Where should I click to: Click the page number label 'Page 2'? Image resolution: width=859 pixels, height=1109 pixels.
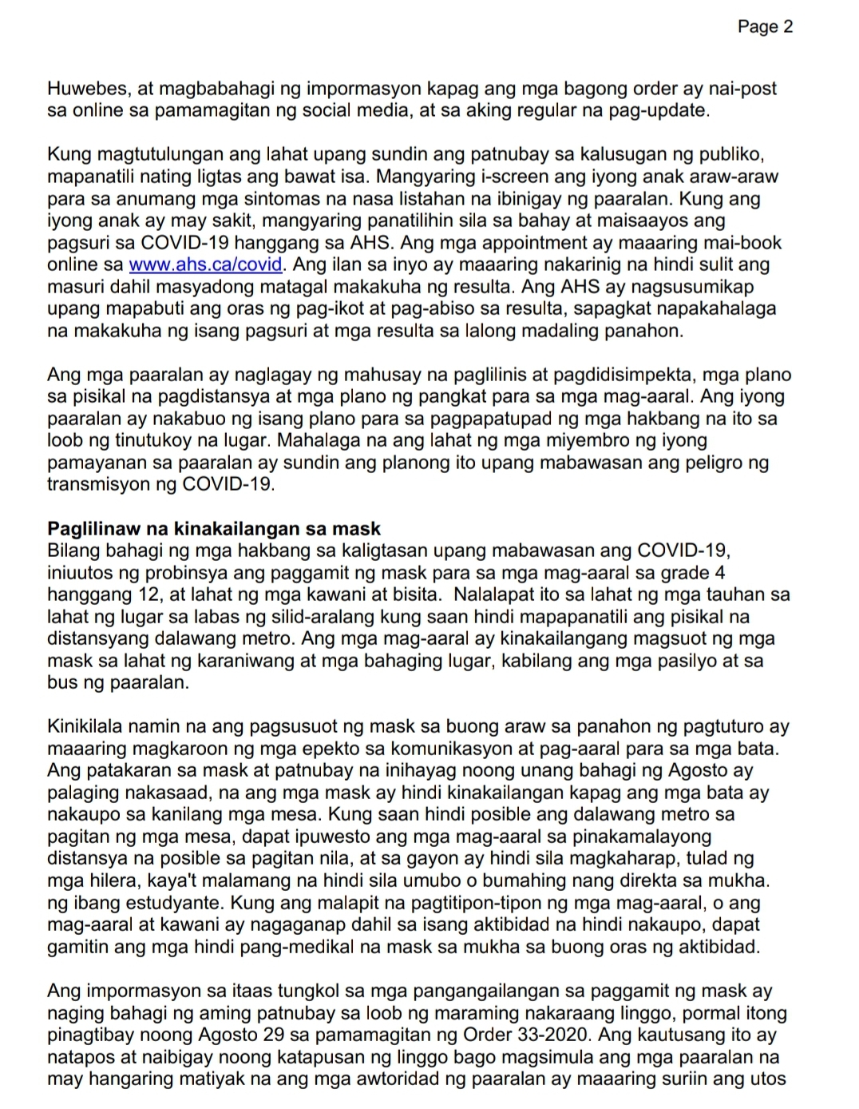[765, 27]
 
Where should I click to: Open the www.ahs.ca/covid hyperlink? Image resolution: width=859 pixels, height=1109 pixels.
[205, 264]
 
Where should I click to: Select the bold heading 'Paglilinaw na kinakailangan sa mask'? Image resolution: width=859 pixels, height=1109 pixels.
[214, 528]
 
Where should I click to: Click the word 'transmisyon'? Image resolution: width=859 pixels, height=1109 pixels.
[99, 484]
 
